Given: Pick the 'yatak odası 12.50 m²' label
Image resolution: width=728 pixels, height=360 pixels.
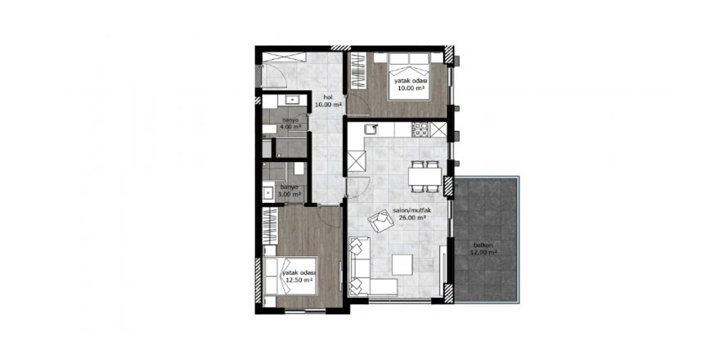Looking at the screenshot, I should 299,277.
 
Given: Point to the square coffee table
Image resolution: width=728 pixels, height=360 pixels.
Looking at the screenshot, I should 402,264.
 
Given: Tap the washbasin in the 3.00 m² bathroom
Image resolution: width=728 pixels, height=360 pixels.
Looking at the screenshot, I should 267,193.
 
